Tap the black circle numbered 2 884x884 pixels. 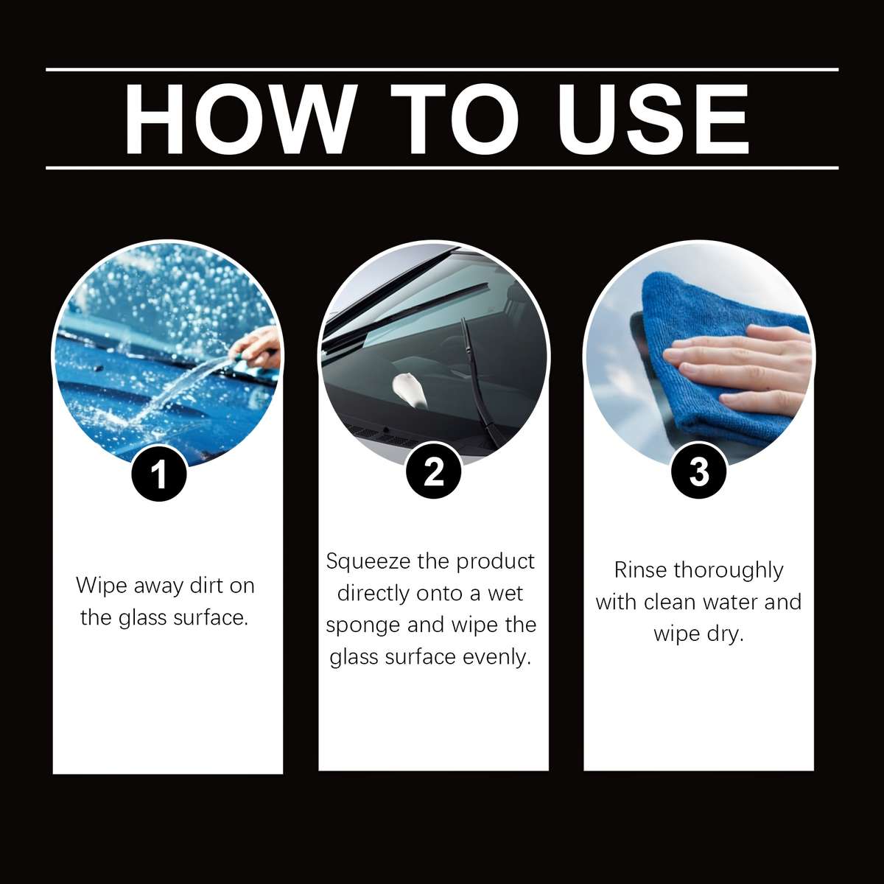click(x=435, y=471)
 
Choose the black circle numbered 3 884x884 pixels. click(x=699, y=471)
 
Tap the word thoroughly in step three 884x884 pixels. click(x=728, y=570)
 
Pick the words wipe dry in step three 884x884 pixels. click(x=698, y=634)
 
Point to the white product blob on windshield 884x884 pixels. click(x=410, y=388)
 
